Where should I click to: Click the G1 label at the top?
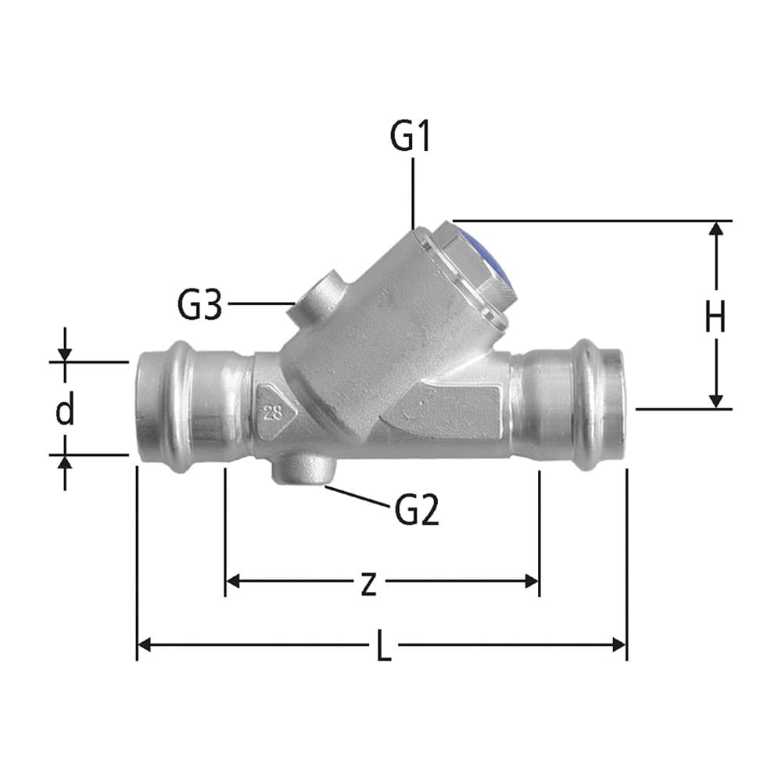coord(411,138)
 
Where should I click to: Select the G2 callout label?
coord(417,511)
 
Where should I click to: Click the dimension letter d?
coord(65,410)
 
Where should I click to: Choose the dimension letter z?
coord(368,583)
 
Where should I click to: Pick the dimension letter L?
coord(384,647)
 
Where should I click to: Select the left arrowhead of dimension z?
coord(232,581)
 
